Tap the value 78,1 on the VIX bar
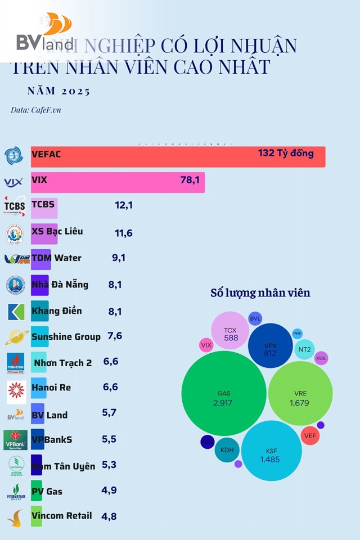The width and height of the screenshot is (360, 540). click(190, 180)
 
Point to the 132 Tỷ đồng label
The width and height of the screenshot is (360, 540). click(286, 153)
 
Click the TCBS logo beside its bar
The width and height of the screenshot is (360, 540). click(15, 206)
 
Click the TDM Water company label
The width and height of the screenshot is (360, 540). click(56, 258)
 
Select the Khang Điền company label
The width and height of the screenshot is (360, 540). click(57, 311)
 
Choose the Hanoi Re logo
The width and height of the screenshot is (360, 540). click(16, 389)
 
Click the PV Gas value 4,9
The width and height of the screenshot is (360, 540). click(110, 490)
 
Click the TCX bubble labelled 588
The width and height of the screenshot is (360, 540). click(230, 334)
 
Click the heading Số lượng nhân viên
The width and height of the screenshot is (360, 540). click(260, 293)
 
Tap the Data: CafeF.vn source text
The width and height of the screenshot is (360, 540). click(36, 110)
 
